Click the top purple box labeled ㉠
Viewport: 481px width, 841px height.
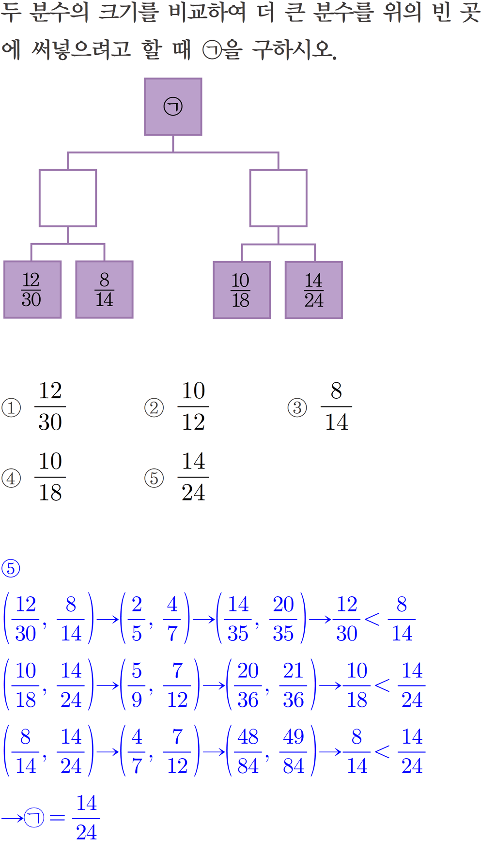point(173,107)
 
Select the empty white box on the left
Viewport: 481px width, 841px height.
point(68,198)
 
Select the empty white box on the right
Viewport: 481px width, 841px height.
point(278,198)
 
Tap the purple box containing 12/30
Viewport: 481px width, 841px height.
point(32,290)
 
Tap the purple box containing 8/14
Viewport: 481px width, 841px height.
point(104,290)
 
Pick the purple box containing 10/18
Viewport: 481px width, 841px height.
point(241,290)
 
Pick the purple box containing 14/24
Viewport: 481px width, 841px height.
point(313,290)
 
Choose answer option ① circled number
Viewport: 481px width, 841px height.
point(11,407)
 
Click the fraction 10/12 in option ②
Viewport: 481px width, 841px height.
point(193,406)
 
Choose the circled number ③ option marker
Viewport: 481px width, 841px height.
point(297,407)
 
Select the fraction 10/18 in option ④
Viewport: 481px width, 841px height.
point(50,477)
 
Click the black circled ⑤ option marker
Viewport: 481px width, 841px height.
point(154,478)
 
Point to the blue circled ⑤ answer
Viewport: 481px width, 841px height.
point(11,568)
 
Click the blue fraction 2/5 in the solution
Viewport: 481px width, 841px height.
point(137,619)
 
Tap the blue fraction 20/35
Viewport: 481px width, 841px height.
point(283,619)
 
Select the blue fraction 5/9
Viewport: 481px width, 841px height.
point(137,685)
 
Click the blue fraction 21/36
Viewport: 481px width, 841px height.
point(293,685)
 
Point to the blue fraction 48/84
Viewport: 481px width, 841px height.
point(248,751)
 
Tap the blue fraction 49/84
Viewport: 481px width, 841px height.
point(293,751)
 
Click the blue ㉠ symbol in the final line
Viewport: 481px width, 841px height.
point(34,818)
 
